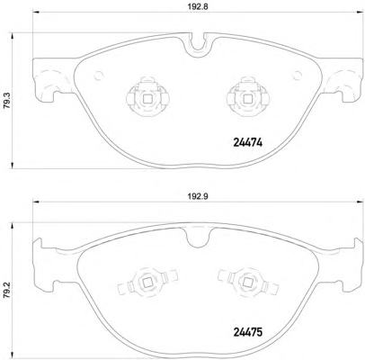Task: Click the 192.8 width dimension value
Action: click(198, 6)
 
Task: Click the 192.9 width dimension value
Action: click(198, 196)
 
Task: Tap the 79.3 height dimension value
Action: click(7, 101)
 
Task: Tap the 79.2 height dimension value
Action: click(5, 290)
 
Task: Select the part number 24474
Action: click(247, 143)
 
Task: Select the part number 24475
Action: click(247, 332)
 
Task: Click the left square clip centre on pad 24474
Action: click(147, 99)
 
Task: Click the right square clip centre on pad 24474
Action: click(247, 99)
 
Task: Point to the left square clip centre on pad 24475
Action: click(147, 282)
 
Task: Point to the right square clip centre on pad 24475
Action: click(247, 282)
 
